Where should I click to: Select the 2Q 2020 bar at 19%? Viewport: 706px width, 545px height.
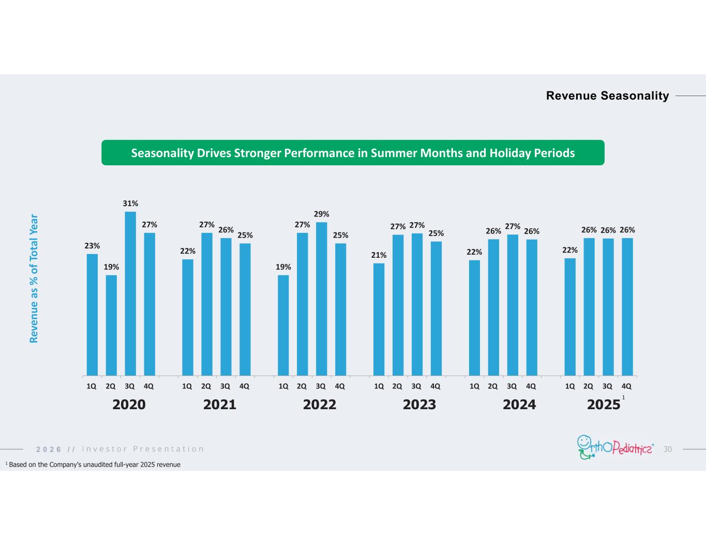111,325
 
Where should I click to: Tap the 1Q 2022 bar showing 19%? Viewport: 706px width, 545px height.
283,325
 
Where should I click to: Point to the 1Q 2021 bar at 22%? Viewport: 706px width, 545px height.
188,317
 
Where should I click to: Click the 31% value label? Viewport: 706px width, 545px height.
130,204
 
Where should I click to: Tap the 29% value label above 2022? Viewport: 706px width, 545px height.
321,214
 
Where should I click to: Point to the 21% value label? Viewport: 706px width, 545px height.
379,255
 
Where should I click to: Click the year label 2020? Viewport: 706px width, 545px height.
129,404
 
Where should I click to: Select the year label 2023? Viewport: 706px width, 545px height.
419,404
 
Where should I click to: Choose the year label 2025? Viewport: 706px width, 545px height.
604,404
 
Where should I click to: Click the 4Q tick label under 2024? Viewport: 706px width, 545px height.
531,386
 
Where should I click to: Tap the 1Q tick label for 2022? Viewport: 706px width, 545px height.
283,386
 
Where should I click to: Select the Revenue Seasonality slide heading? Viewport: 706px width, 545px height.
607,96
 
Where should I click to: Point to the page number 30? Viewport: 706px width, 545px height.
667,449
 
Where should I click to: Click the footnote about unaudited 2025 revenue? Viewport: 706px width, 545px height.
93,465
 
